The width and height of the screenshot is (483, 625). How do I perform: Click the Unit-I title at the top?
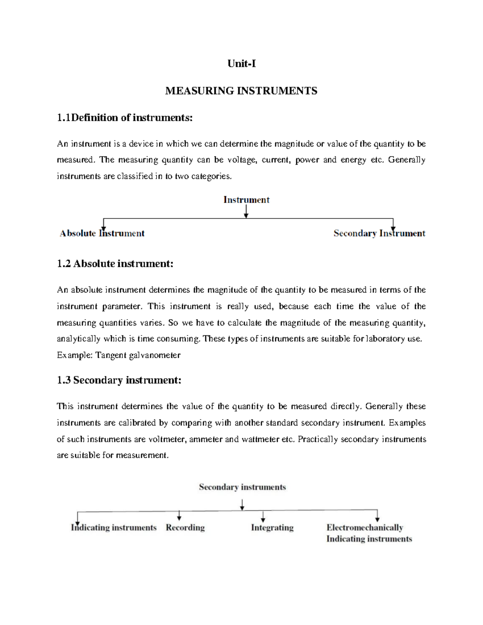(x=242, y=64)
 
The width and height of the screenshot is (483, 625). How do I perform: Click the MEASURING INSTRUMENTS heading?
(x=241, y=91)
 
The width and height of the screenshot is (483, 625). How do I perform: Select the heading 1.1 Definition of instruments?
(x=125, y=118)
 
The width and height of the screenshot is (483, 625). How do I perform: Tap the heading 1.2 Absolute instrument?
(x=115, y=264)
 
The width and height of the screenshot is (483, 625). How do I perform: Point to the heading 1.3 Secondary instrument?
(x=119, y=380)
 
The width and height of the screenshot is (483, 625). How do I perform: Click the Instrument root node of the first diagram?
(x=246, y=200)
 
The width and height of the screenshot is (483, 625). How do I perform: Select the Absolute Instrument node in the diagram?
(x=102, y=233)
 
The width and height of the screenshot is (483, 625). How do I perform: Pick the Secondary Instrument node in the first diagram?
(x=379, y=233)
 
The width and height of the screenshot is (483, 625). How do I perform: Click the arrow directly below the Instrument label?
(x=246, y=212)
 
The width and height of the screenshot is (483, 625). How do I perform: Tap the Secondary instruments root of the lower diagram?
(x=242, y=487)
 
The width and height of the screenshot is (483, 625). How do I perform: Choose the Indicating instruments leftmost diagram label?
(x=114, y=528)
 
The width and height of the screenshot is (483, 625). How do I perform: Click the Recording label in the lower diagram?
(x=185, y=528)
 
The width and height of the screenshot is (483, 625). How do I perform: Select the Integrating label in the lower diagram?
(x=272, y=528)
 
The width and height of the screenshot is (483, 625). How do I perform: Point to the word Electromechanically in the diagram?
(x=365, y=528)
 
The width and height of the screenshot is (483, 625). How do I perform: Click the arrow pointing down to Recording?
(x=179, y=516)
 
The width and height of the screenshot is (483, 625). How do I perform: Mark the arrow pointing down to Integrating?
(x=263, y=516)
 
